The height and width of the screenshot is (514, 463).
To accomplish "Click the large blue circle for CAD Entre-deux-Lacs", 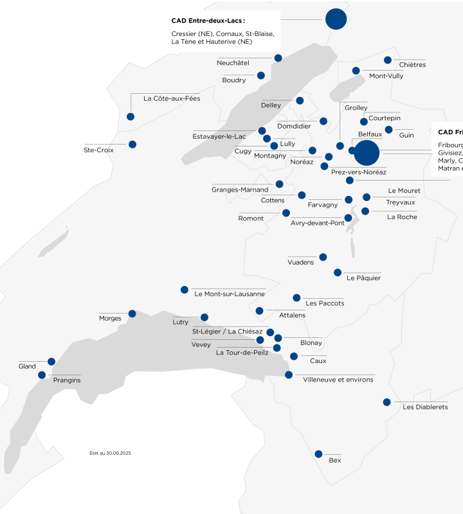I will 336,19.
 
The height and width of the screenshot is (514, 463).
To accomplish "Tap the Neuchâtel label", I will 233,62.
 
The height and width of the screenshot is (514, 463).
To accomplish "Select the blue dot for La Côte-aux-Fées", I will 131,117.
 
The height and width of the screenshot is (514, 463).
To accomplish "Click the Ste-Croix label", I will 98,150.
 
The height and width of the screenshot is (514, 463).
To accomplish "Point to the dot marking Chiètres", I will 388,60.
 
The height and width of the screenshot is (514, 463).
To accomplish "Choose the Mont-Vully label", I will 386,76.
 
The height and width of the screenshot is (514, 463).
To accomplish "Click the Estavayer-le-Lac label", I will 219,136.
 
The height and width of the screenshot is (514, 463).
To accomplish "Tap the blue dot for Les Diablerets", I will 386,402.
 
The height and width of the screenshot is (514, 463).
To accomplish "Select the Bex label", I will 334,460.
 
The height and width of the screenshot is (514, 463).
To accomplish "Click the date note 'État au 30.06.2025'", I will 110,453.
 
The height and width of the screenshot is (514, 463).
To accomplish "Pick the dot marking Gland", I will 51,362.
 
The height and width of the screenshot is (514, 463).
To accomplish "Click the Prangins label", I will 67,380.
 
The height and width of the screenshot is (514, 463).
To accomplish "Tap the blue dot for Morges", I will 132,314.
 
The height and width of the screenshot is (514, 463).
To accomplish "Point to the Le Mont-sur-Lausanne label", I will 230,294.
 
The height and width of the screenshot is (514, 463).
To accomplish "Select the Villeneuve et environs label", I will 338,380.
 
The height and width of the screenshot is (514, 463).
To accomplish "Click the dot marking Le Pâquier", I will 338,272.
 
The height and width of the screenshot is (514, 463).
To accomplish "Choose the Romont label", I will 251,218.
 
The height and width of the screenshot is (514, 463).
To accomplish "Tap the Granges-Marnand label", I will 240,190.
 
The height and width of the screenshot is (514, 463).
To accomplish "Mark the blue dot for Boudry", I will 261,75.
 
